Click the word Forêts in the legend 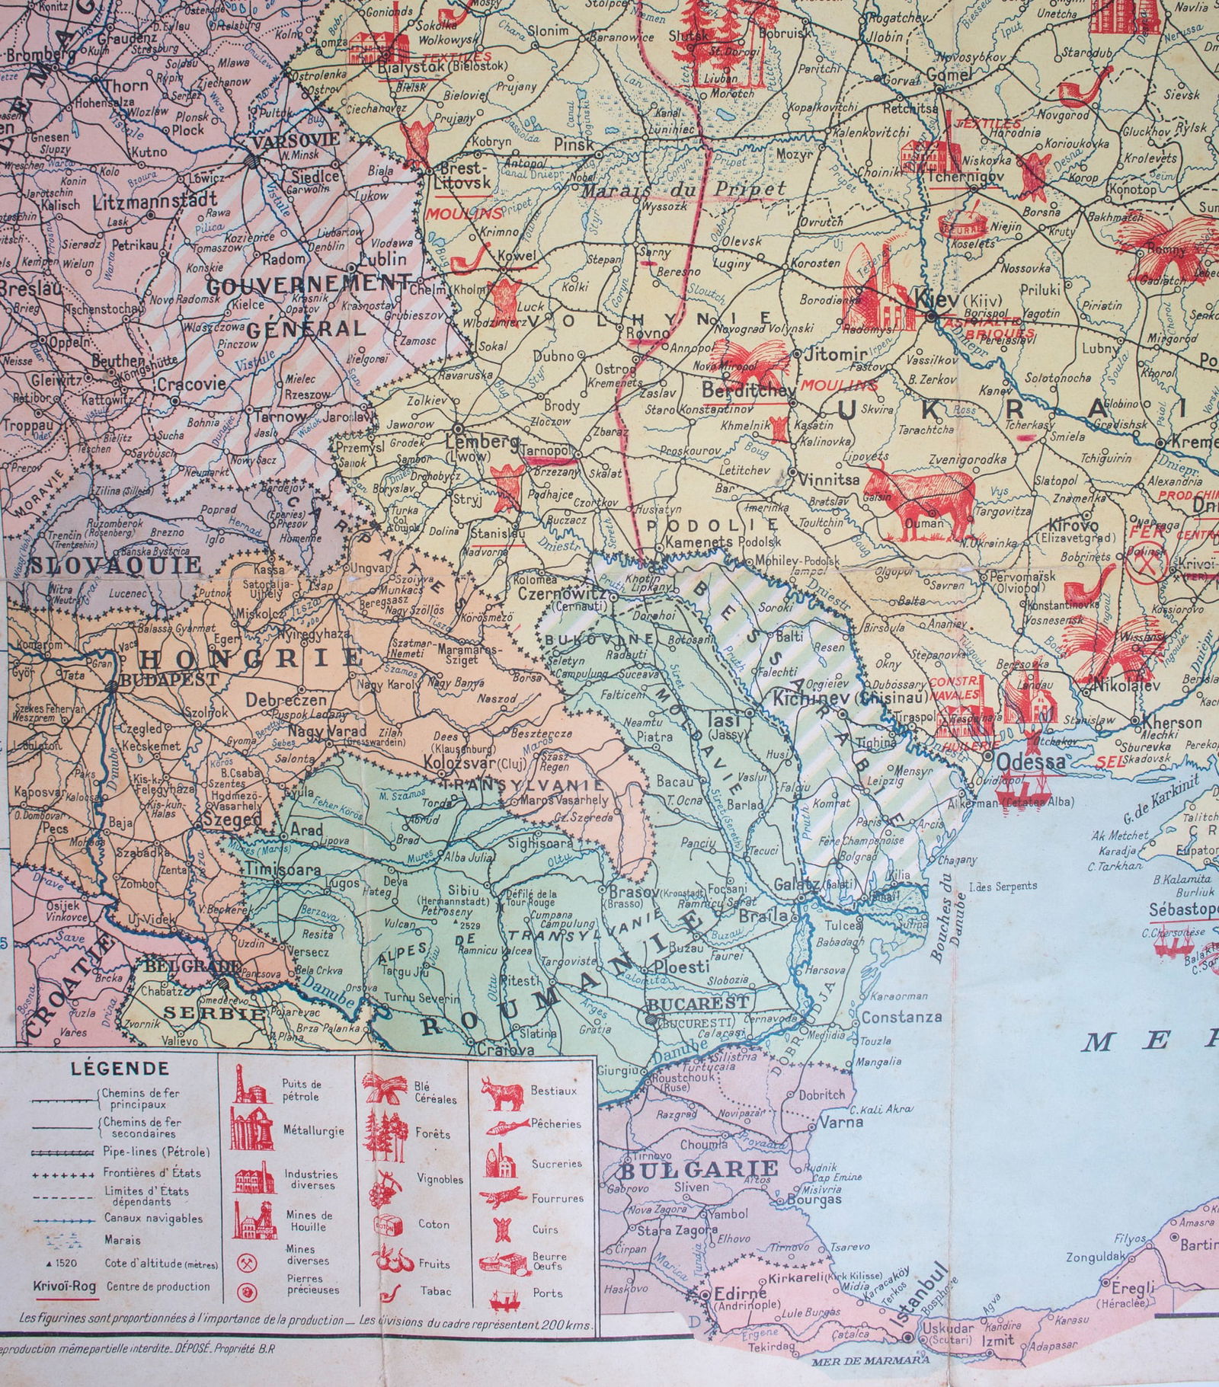[431, 1134]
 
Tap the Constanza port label [901, 1017]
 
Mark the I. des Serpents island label [1003, 886]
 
